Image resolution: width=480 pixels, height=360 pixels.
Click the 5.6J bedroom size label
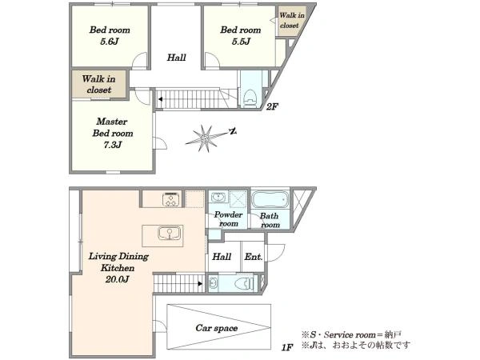(109, 42)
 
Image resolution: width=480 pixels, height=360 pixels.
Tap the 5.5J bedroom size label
(241, 42)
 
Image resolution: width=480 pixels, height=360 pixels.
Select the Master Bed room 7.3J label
(113, 133)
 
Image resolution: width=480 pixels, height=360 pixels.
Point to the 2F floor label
(272, 107)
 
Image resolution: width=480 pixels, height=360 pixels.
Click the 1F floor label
(287, 347)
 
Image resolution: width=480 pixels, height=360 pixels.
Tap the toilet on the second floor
(250, 97)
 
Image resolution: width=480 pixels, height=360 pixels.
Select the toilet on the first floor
(244, 284)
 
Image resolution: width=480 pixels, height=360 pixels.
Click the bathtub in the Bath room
(270, 199)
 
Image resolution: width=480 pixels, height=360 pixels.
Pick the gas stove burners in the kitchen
(171, 199)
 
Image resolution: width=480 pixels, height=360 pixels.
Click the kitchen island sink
(170, 234)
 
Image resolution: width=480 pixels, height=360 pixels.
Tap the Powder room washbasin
(218, 197)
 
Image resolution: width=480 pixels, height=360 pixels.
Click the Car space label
(217, 328)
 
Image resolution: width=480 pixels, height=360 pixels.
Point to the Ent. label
(254, 257)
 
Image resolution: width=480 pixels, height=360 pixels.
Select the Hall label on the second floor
(176, 58)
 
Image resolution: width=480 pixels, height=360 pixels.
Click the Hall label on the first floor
(222, 257)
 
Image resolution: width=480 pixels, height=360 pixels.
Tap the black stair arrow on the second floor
(160, 99)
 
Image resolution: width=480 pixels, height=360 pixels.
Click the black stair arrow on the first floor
(200, 284)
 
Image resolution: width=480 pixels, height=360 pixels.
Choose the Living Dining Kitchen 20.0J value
(118, 279)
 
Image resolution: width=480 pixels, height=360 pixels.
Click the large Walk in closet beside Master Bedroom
(99, 84)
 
